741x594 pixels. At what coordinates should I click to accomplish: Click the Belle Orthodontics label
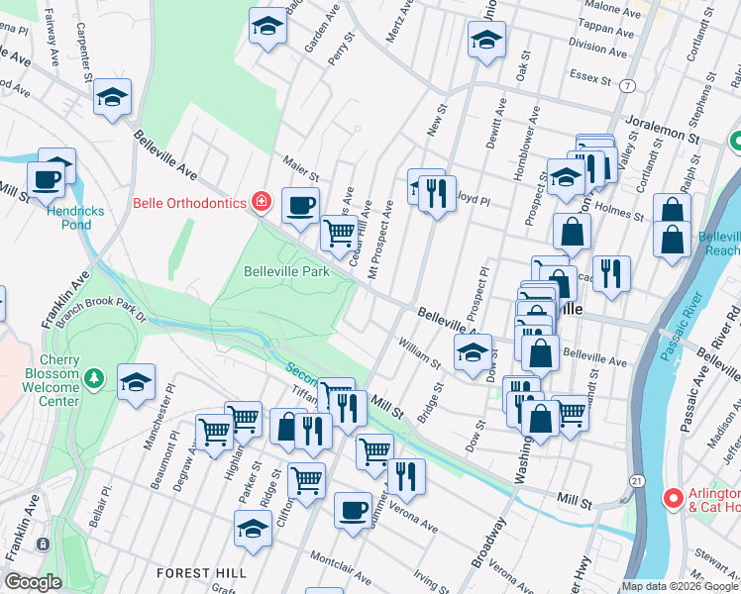[189, 204]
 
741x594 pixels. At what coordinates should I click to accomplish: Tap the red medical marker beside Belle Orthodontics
[261, 203]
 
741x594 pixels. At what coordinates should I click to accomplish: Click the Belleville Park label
[286, 270]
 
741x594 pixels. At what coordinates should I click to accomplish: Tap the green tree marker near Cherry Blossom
[94, 378]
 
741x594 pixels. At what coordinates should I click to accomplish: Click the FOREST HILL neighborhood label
[196, 573]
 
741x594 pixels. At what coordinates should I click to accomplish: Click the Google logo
[32, 582]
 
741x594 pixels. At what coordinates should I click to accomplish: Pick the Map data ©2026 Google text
[679, 586]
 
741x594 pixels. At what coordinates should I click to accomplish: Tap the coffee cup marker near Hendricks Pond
[45, 179]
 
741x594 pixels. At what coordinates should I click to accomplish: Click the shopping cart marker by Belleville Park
[340, 233]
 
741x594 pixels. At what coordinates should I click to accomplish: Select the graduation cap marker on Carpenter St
[113, 97]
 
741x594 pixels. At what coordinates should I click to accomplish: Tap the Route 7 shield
[628, 87]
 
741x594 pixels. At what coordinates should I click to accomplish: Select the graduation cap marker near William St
[474, 351]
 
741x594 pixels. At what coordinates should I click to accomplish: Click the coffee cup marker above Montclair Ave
[353, 511]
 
